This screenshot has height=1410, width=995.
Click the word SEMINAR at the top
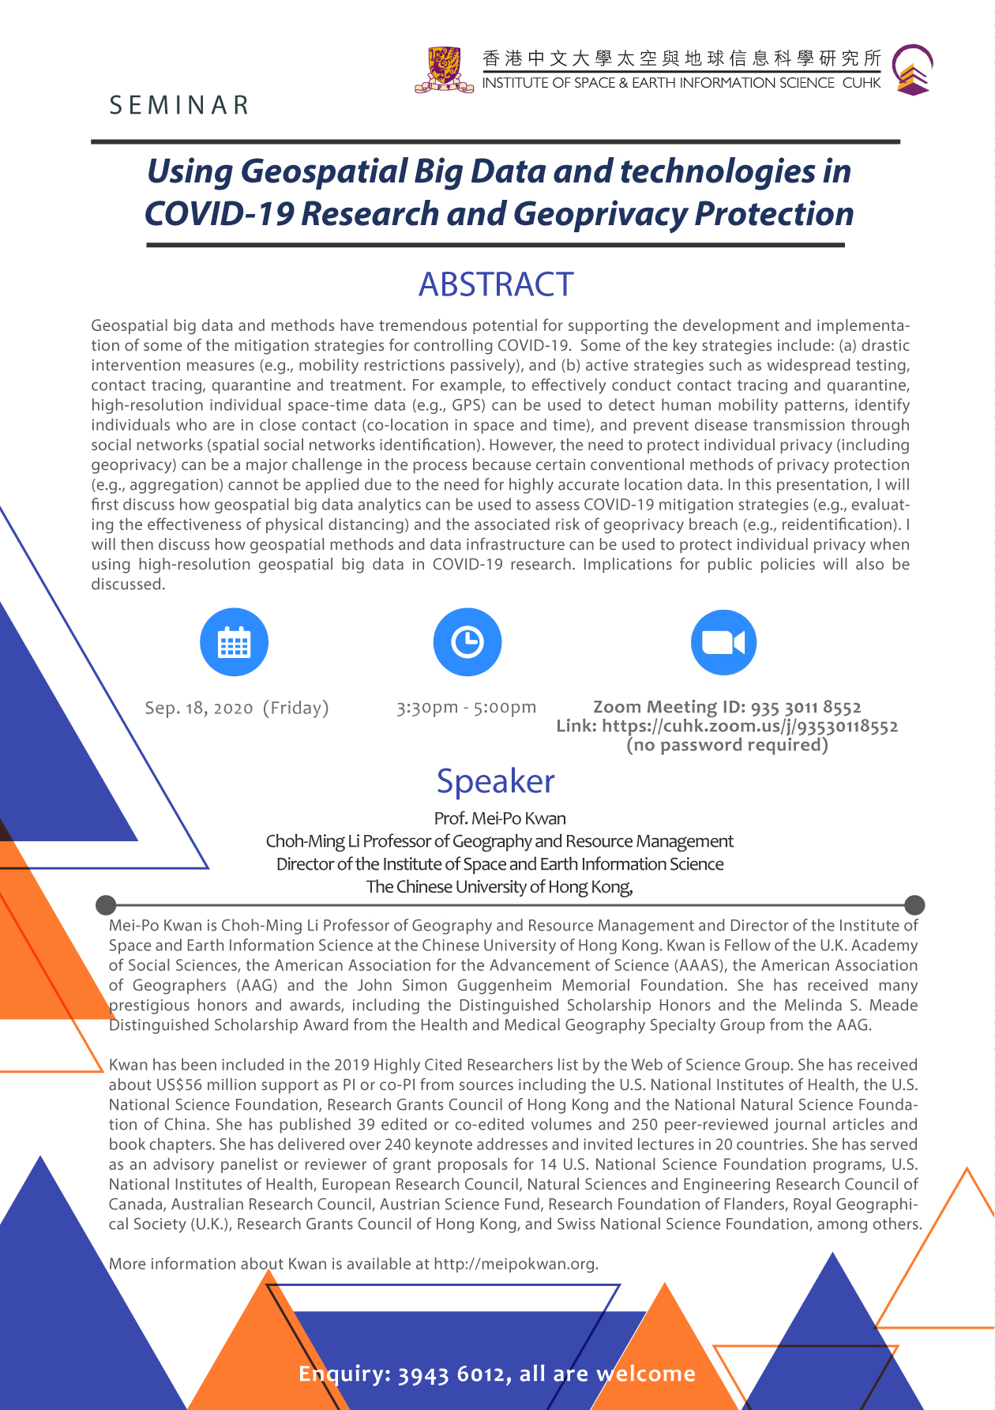tap(179, 105)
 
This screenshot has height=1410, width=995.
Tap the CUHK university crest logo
tap(445, 70)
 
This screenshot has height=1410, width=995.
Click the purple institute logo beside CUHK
tap(913, 70)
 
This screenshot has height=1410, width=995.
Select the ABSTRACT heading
tap(496, 284)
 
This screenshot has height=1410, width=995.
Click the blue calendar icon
tap(234, 642)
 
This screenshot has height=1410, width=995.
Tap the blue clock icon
tap(467, 642)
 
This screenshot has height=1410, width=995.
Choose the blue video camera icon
tap(723, 642)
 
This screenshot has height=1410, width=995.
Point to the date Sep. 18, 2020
tap(199, 708)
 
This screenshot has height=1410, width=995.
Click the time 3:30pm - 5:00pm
tap(466, 707)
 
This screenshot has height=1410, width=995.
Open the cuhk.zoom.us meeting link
tap(750, 727)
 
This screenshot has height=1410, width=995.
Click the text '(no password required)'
tap(727, 745)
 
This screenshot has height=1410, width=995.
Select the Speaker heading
tap(496, 781)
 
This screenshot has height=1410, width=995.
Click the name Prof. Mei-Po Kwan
tap(500, 818)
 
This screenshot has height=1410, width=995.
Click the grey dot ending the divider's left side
tap(106, 904)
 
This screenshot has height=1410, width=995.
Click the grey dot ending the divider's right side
tap(914, 904)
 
